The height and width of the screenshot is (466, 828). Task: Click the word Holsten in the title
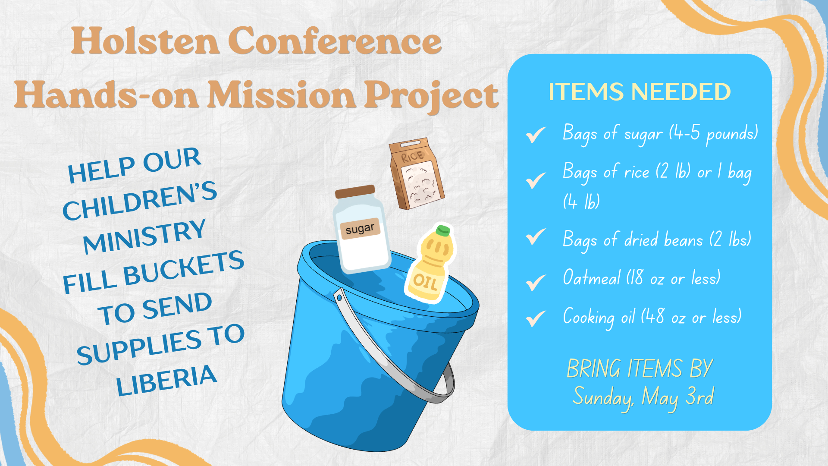tap(145, 41)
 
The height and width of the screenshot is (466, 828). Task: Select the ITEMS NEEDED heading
tap(640, 92)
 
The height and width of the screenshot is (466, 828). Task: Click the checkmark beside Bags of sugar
tap(536, 135)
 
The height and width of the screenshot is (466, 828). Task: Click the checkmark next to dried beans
tap(536, 236)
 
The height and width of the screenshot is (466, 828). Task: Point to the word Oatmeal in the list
tap(592, 277)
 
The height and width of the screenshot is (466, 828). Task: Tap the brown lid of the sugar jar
tap(355, 192)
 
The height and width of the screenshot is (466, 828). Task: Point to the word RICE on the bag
tap(412, 157)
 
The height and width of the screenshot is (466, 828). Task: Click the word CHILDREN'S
tap(139, 200)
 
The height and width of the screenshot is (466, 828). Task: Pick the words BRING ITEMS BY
tap(640, 368)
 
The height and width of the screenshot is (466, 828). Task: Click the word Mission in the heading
tap(282, 95)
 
